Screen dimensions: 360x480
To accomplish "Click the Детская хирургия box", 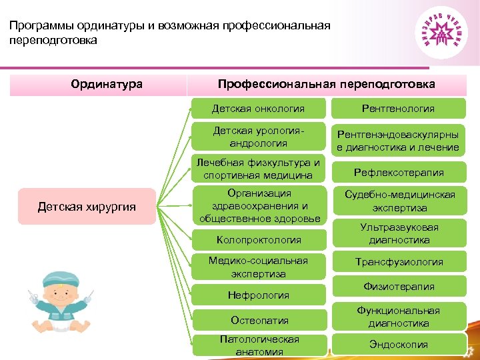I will coord(87,207).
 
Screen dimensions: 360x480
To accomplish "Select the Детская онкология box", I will coord(258,108).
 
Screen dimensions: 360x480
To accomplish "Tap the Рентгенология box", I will coord(398,108).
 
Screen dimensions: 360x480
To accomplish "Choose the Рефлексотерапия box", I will coord(398,173).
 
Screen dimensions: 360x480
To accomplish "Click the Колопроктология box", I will coord(259,239).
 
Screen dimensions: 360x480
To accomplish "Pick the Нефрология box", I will coord(259,295).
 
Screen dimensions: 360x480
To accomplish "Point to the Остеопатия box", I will coord(259,320).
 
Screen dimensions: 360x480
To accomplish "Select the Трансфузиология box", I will coord(398,262).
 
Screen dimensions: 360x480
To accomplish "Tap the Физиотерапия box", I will coord(398,287).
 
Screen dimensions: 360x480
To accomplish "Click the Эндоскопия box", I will coord(398,345).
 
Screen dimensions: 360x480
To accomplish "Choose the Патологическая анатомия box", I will coord(259,345).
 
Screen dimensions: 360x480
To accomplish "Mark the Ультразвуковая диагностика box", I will coord(398,233).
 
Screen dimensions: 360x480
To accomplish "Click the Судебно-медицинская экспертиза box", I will coord(398,201).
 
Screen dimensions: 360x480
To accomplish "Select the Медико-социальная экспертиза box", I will coord(259,267).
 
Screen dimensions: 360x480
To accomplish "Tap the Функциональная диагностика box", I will coord(398,317).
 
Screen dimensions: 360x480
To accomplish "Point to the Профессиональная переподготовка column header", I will coord(327,84).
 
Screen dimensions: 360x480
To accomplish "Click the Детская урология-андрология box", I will coord(259,137).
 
